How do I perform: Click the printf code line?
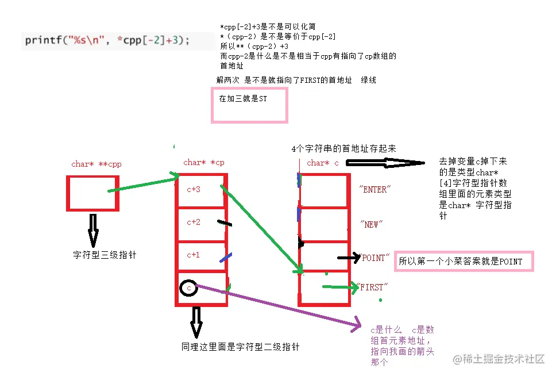point(107,41)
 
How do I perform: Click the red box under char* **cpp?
point(92,193)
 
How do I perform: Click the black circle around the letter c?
point(188,287)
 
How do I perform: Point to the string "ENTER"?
point(373,190)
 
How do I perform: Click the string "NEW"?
point(371,224)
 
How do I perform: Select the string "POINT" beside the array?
point(374,258)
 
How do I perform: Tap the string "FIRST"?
point(373,287)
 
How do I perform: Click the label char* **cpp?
point(96,164)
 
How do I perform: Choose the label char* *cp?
point(204,163)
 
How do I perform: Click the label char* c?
point(323,163)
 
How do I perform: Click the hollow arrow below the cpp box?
point(93,232)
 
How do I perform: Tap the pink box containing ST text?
point(250,105)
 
